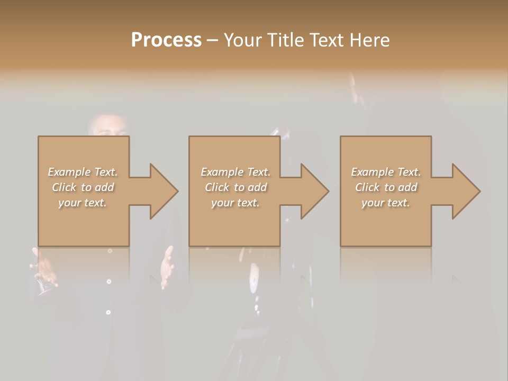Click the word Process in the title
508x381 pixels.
pyautogui.click(x=166, y=40)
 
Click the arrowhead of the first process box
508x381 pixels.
pyautogui.click(x=162, y=191)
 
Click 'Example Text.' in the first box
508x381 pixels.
pyautogui.click(x=83, y=172)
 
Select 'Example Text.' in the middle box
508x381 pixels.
pyautogui.click(x=235, y=172)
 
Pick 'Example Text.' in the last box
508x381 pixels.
pyautogui.click(x=386, y=172)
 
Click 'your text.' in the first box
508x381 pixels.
pyautogui.click(x=83, y=203)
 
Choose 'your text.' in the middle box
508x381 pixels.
pyautogui.click(x=235, y=203)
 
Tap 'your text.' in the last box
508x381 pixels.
pyautogui.click(x=386, y=203)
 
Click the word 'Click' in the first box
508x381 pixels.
pyautogui.click(x=64, y=187)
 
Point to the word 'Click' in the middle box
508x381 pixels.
pyautogui.click(x=217, y=187)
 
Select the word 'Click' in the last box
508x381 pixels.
pyautogui.click(x=367, y=187)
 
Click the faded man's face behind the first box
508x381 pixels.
pyautogui.click(x=109, y=126)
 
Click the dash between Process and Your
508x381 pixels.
pyautogui.click(x=212, y=41)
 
